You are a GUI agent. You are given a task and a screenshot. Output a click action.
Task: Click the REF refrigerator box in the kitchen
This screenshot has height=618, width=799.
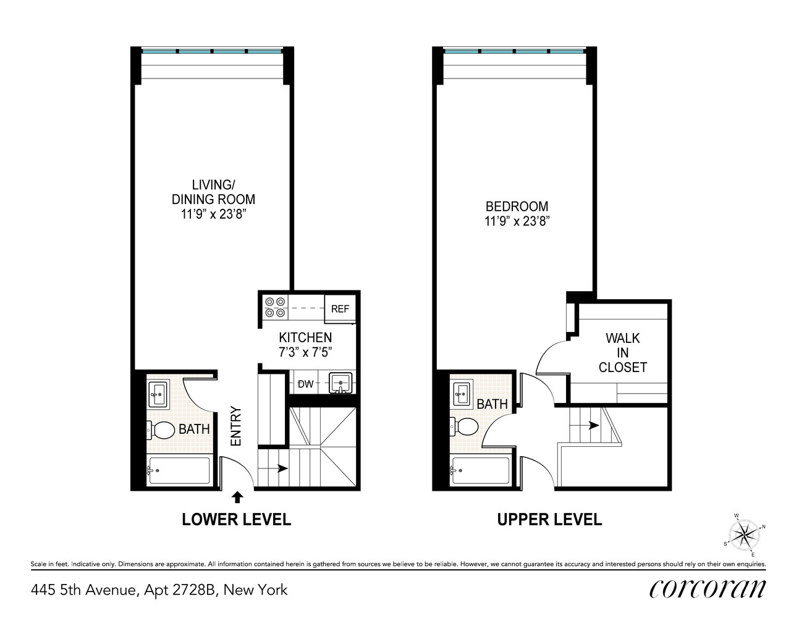(340, 309)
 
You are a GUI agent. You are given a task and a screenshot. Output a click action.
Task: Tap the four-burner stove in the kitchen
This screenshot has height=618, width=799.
(275, 307)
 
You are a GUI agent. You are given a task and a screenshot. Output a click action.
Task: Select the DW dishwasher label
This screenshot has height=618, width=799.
(305, 384)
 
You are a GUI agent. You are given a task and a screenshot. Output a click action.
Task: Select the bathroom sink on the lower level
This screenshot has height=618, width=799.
(158, 394)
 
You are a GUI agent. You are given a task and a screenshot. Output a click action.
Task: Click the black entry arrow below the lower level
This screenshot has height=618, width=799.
(237, 496)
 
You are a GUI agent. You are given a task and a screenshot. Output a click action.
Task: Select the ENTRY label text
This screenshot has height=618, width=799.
(235, 426)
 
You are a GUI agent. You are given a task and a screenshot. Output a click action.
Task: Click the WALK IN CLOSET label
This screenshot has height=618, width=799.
(622, 353)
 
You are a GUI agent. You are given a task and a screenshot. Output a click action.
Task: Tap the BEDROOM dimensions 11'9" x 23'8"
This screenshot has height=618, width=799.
(517, 221)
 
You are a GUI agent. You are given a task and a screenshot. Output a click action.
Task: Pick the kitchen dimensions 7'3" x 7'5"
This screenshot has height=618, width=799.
(305, 352)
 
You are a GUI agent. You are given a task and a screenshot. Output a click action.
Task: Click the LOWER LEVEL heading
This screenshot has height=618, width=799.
(236, 520)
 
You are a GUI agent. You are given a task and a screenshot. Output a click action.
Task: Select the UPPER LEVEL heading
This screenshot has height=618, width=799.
(549, 520)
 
